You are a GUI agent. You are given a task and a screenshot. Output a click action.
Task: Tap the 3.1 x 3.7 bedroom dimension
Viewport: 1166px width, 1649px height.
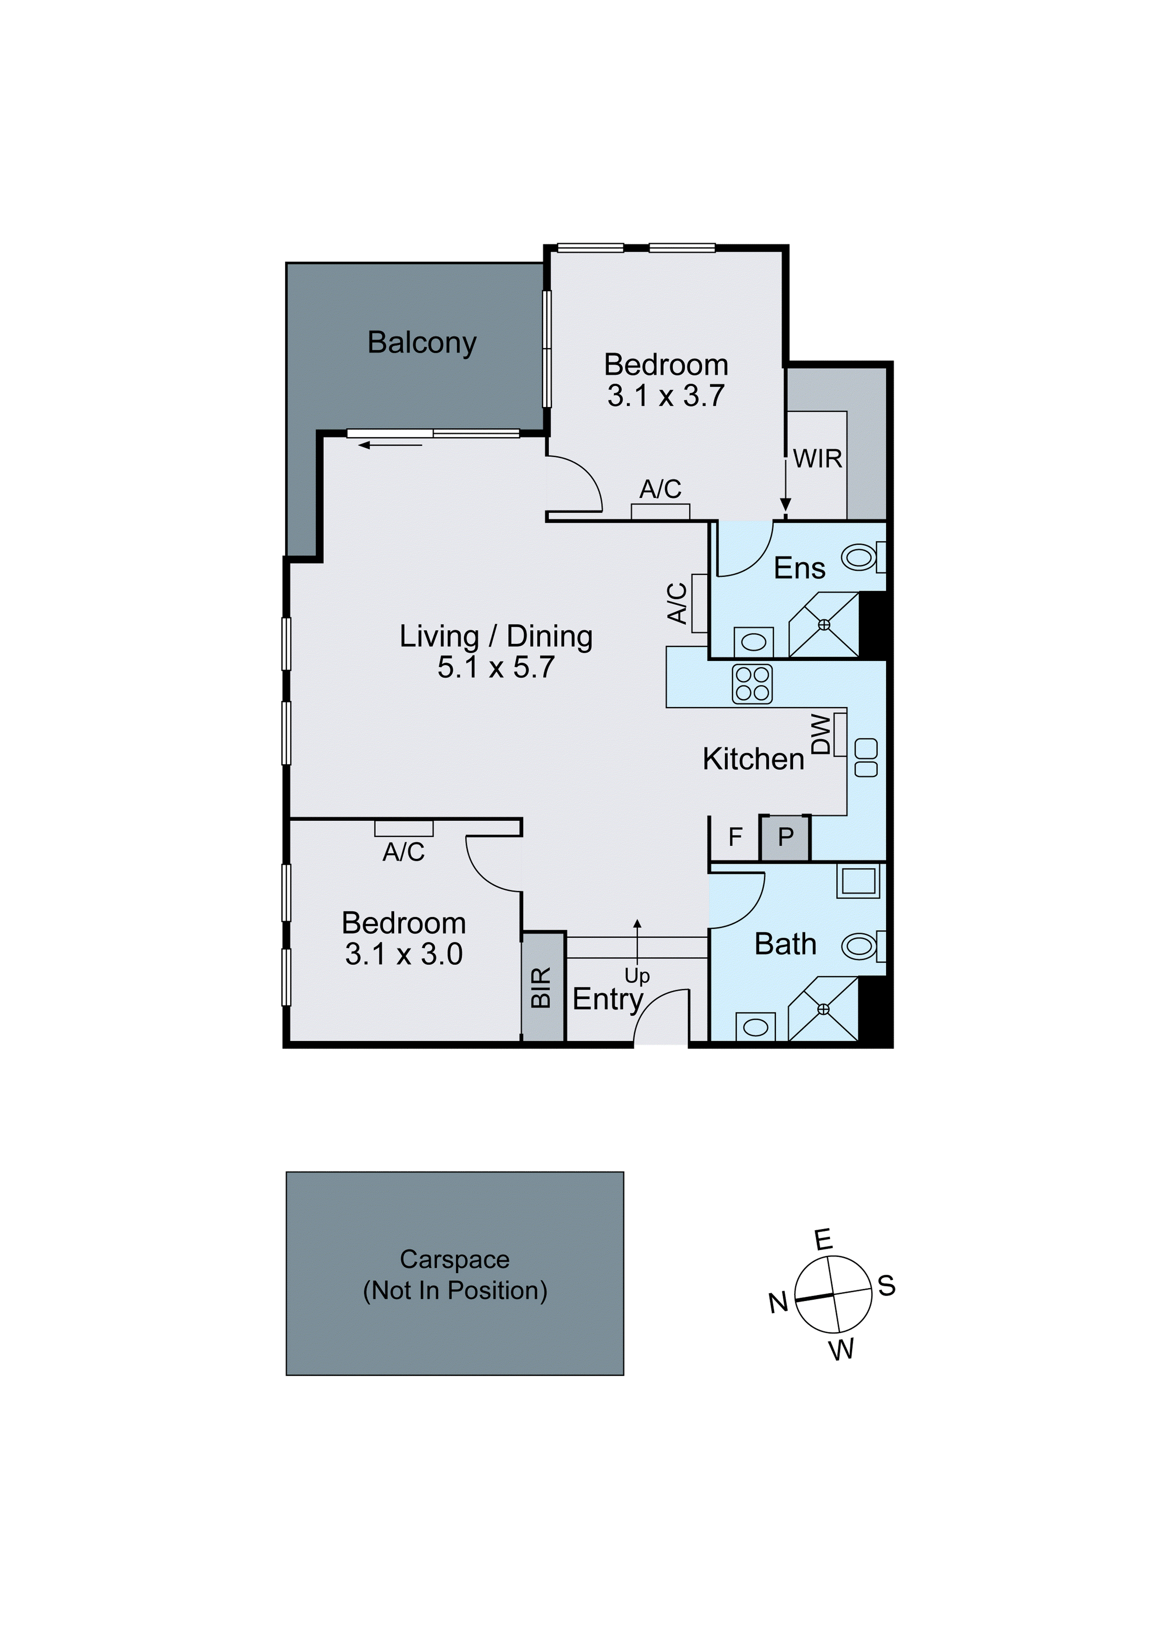(x=665, y=396)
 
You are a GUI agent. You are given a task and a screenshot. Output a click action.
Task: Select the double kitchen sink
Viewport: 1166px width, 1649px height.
(x=866, y=758)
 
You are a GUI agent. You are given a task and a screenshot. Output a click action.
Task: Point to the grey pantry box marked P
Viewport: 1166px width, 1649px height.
(x=785, y=838)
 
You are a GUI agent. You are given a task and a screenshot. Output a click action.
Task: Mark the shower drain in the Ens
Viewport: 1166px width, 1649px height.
(x=824, y=625)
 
